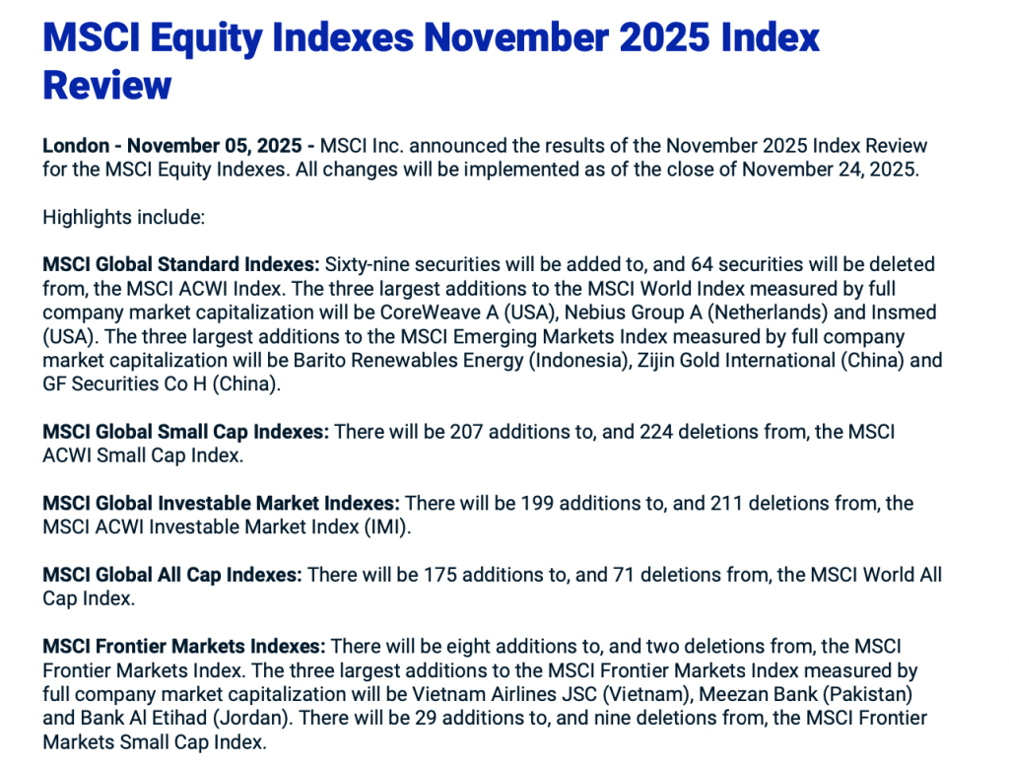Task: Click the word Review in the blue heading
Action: pyautogui.click(x=106, y=85)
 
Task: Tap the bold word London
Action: pyautogui.click(x=76, y=146)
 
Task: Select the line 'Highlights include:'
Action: pyautogui.click(x=123, y=218)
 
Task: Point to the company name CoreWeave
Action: pyautogui.click(x=430, y=313)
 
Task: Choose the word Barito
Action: pyautogui.click(x=319, y=360)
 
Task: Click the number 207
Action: pyautogui.click(x=466, y=432)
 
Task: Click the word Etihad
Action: pyautogui.click(x=178, y=718)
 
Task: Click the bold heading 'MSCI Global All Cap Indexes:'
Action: pyautogui.click(x=171, y=575)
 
